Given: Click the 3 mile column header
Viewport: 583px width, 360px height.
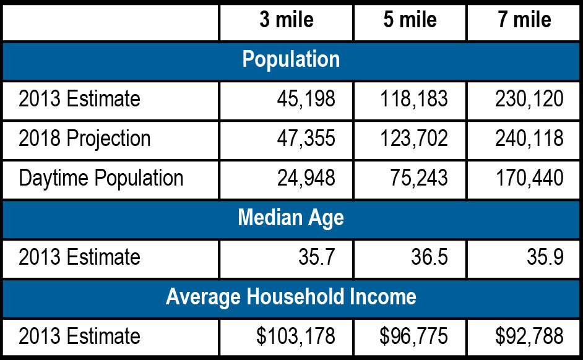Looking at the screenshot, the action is point(287,20).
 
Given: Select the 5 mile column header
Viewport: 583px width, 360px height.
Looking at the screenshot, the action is point(410,20).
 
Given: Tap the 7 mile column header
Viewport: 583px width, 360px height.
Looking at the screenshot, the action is point(524,20).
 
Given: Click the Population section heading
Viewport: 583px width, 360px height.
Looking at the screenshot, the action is point(291,59).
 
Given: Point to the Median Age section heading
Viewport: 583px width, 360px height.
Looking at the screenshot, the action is point(291,218).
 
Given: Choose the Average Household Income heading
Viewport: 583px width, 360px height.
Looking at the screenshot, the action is point(291,297).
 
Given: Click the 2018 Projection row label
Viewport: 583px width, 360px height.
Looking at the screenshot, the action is point(85,139).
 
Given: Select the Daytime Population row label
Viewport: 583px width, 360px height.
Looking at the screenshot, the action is point(101,178).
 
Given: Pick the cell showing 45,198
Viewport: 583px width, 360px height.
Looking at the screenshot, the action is point(306,99).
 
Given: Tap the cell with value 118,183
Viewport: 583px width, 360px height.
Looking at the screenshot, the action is point(414,99).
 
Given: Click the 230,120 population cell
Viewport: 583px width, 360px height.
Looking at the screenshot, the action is point(529,99).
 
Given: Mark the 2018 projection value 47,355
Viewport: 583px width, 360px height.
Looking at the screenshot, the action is point(306,139).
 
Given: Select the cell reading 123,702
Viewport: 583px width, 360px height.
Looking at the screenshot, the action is point(414,139).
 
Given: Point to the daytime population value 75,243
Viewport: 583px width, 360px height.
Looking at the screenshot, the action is point(419,178).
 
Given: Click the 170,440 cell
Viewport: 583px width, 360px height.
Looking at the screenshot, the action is point(529,178).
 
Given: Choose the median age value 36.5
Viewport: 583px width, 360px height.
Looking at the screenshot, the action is point(430,257).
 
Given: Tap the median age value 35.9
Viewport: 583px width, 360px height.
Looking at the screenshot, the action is point(545,257).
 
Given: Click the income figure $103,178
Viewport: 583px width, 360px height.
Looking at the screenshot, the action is point(296,336).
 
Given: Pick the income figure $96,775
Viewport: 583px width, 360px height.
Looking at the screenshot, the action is point(413,336).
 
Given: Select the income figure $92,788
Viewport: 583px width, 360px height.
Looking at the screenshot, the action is point(529,336).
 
